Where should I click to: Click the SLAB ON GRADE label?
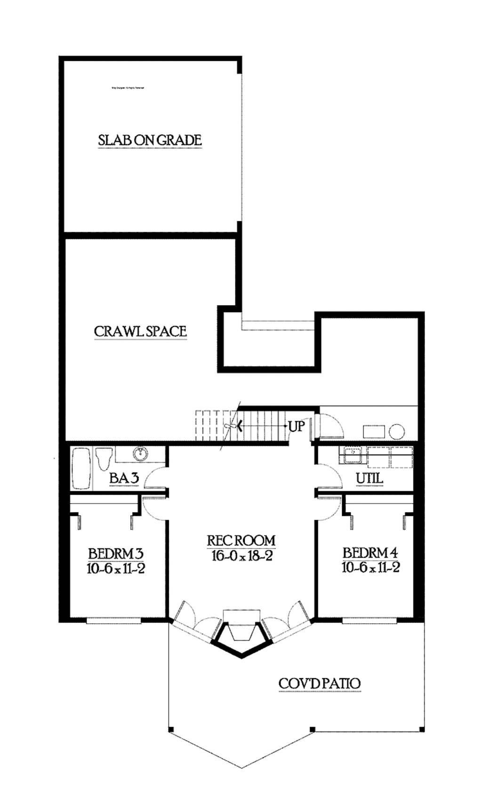150,140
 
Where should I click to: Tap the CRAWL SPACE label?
140,331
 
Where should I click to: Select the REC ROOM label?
241,540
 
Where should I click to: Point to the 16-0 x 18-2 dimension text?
242,556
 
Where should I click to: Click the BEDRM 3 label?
115,553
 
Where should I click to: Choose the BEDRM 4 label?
370,553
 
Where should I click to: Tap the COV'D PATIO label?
320,683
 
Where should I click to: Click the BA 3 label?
124,478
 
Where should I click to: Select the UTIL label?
369,478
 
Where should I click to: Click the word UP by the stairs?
297,426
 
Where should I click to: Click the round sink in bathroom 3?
140,454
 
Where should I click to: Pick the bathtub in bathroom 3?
81,468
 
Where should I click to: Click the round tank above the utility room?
397,431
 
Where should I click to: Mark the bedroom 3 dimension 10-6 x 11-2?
116,568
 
